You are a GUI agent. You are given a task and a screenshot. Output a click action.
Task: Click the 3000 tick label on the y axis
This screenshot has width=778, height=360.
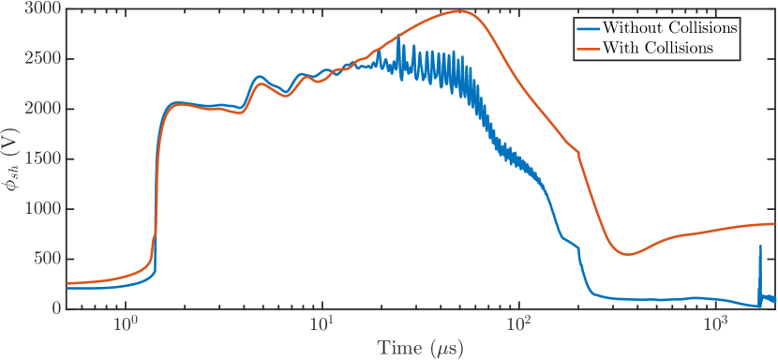(45, 9)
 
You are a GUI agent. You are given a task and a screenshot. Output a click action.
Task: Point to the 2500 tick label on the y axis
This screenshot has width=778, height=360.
(45, 59)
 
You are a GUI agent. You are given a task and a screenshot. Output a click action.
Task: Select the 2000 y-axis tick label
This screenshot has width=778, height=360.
(45, 109)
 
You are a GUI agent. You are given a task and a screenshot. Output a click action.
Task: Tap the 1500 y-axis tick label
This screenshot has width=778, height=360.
(45, 159)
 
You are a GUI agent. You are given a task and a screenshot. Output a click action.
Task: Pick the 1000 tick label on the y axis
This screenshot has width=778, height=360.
(45, 209)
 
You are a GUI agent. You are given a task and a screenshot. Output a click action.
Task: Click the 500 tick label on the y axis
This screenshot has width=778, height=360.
(49, 259)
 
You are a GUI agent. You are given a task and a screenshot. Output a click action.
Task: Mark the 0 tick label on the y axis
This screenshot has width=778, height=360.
(56, 308)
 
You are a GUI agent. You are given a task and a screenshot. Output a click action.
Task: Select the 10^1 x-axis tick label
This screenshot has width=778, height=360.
(322, 324)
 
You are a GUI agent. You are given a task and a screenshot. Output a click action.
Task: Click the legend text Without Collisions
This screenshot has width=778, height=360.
(671, 28)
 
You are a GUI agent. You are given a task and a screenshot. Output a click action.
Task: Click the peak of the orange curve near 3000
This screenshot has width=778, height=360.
(459, 11)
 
